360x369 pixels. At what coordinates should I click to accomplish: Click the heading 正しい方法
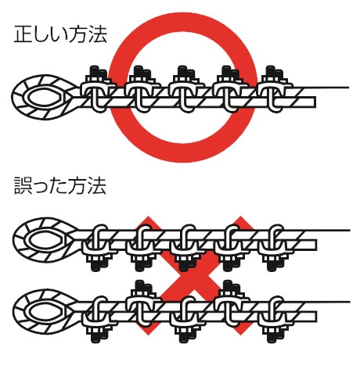click(60, 34)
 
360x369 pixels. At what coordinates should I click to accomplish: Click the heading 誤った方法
click(60, 185)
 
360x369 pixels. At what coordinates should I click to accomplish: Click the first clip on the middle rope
click(99, 248)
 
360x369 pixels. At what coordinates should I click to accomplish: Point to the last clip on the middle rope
click(275, 248)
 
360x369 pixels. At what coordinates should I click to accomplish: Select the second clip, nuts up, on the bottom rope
click(143, 303)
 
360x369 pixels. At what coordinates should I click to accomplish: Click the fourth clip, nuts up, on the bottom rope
click(232, 303)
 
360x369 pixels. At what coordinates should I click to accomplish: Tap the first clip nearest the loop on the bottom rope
click(99, 319)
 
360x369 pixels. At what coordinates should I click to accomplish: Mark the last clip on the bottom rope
click(275, 319)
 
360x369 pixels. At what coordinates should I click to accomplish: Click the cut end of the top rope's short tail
click(315, 102)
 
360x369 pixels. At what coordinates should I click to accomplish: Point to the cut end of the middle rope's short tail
click(316, 245)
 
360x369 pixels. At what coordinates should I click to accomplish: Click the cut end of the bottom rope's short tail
click(316, 317)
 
